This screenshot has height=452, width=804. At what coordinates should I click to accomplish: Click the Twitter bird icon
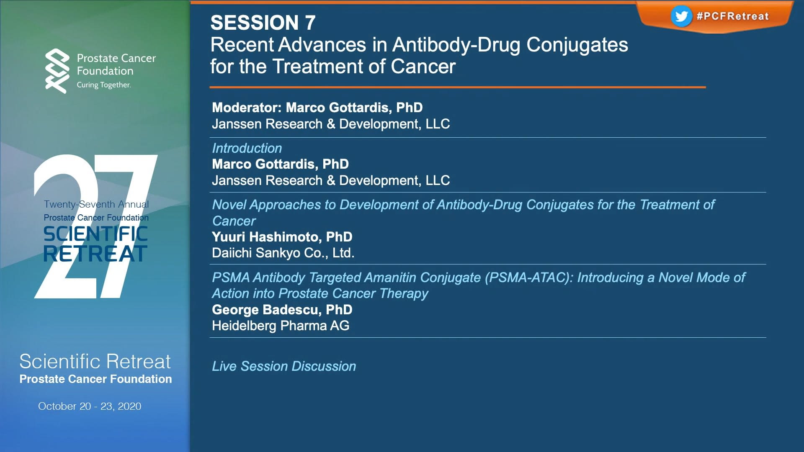click(681, 16)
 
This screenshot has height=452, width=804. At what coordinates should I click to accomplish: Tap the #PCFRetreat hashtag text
click(732, 16)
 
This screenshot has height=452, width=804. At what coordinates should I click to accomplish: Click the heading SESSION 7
click(263, 23)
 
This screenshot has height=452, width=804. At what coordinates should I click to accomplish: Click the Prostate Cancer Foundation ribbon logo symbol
click(57, 71)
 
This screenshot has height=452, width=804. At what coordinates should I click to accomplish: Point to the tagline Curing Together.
click(103, 85)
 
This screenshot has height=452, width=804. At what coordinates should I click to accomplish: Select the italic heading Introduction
click(247, 148)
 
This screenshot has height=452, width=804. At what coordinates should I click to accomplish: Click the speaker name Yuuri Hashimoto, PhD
click(282, 237)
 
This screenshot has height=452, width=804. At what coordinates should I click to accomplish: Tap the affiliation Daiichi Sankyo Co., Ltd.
click(283, 253)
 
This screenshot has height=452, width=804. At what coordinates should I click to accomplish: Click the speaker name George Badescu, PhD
click(282, 310)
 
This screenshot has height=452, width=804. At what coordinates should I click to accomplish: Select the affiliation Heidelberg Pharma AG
click(281, 326)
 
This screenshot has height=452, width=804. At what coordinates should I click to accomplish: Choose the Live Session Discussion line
click(284, 366)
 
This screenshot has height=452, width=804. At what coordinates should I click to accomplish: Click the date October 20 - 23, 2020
click(90, 406)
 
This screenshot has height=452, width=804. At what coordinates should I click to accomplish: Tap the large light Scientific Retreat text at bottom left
click(95, 362)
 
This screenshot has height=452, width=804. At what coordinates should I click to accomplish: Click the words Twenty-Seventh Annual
click(96, 204)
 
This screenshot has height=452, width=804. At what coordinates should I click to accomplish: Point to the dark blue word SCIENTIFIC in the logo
click(96, 234)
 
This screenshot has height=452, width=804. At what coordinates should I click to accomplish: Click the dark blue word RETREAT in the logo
click(95, 254)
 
